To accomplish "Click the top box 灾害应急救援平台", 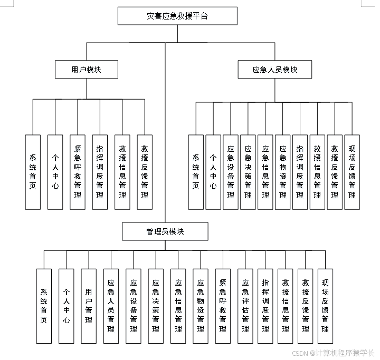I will (177, 16).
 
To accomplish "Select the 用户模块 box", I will (86, 70).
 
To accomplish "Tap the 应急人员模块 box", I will (274, 70).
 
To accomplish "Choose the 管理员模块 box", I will (165, 231).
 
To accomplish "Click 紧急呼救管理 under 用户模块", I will (78, 172).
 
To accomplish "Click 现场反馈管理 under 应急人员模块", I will (352, 172).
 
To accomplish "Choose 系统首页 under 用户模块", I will (33, 172).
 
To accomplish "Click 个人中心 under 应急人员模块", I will (213, 172).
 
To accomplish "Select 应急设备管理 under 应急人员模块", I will (231, 172).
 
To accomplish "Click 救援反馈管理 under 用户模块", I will (145, 172).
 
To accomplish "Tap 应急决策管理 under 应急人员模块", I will (248, 172).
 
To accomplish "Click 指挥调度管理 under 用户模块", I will (100, 172).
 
